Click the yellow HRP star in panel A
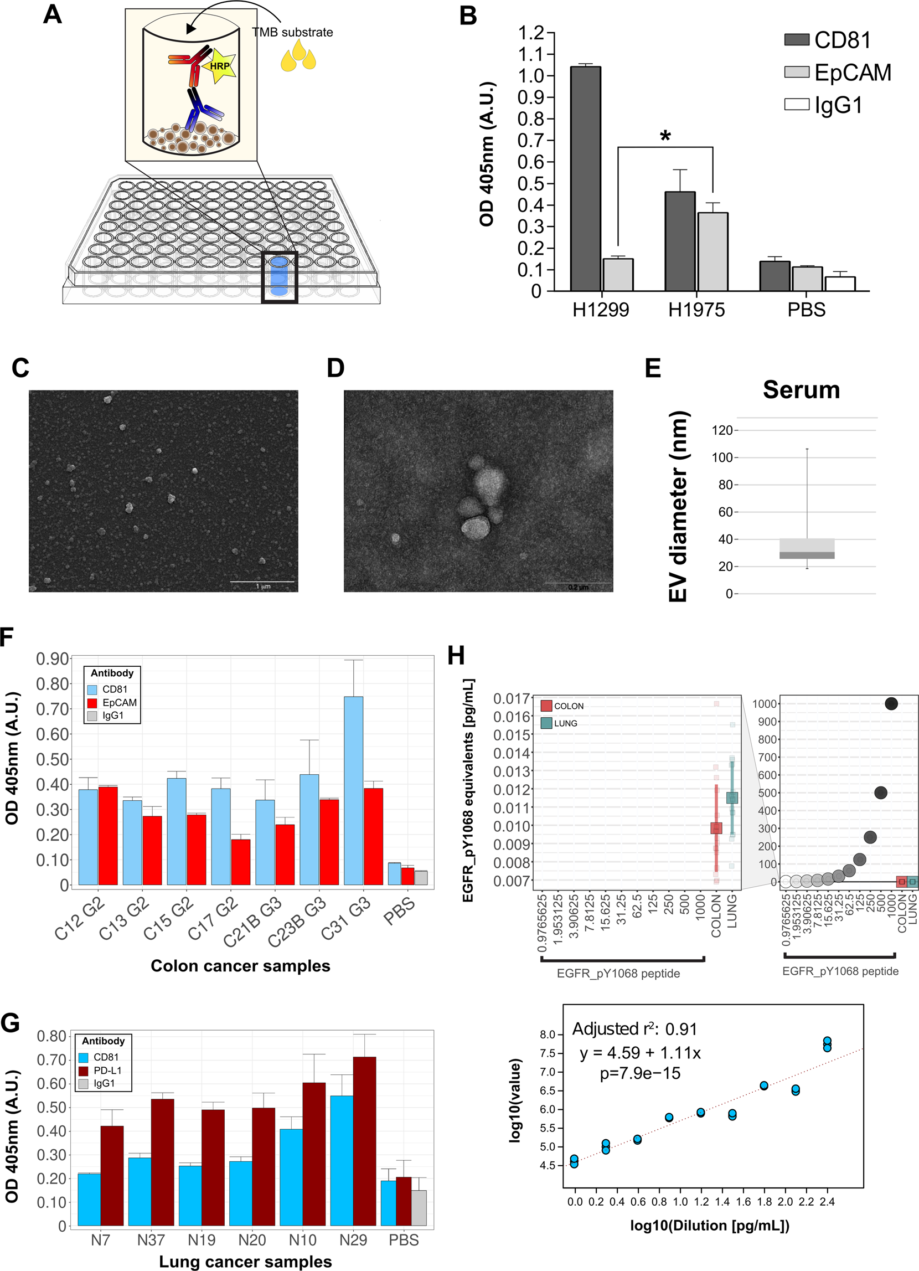[x=219, y=66]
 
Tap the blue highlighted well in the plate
[x=279, y=276]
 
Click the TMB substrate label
[x=292, y=33]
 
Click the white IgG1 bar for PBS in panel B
[x=839, y=284]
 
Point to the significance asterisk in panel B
[x=665, y=136]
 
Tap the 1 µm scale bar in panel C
[x=262, y=582]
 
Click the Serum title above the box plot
[x=801, y=390]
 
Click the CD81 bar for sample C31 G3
[x=353, y=790]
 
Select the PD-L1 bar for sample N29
[x=364, y=1140]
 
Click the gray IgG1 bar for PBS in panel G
[x=419, y=1208]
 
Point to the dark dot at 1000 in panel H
[x=891, y=704]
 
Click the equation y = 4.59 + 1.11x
[x=640, y=1053]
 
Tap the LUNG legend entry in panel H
[x=559, y=723]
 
